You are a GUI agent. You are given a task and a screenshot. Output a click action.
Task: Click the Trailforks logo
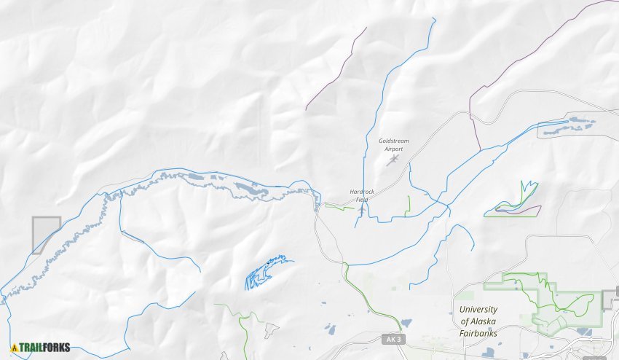pos(41,347)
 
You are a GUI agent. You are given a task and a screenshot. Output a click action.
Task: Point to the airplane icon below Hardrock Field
pos(362,209)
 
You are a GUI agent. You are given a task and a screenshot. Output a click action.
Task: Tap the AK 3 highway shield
pos(392,340)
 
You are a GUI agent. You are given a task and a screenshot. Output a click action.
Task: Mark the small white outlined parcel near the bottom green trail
pos(270,331)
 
